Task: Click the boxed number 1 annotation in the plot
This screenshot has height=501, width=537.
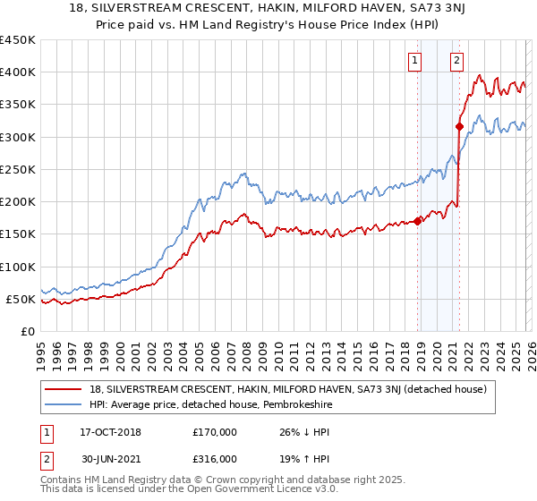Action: tap(416, 61)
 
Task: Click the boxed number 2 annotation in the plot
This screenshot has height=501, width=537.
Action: tap(456, 61)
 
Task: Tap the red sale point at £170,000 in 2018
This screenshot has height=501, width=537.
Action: tap(417, 221)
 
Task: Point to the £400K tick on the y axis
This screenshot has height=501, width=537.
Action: tap(18, 72)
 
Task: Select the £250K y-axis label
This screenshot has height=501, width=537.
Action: tap(18, 169)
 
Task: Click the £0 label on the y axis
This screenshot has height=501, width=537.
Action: tap(28, 331)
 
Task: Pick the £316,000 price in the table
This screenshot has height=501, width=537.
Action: tap(215, 458)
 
